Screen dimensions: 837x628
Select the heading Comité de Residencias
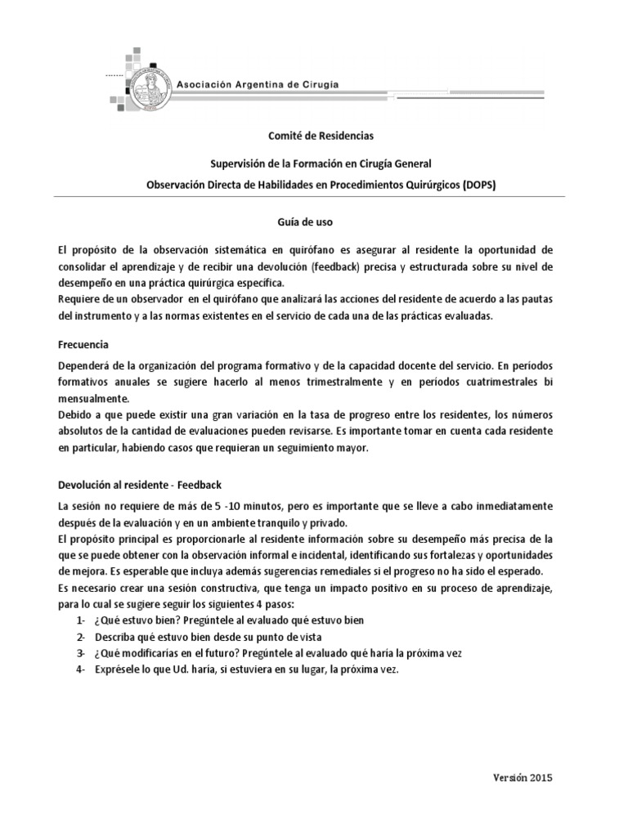tap(314, 136)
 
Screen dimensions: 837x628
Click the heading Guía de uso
tap(314, 221)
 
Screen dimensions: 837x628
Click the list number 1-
tap(81, 620)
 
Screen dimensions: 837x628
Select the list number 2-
tap(81, 637)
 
